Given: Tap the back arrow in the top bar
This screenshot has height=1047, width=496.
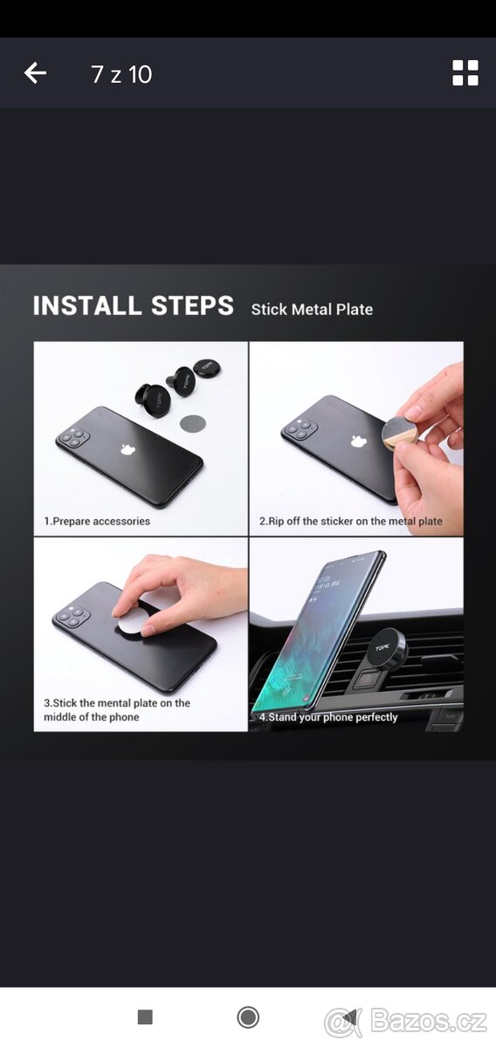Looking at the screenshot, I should (35, 73).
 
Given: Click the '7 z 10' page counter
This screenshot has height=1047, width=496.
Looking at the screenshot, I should (121, 74).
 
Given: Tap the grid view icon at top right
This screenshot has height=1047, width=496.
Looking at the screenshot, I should (465, 73).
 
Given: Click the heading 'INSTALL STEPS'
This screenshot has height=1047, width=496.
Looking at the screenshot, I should (133, 306).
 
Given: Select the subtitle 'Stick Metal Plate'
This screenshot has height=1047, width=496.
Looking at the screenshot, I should (312, 309).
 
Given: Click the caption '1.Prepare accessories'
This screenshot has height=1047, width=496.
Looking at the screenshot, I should (97, 521).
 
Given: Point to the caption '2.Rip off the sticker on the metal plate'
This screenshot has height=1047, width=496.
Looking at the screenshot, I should (350, 521).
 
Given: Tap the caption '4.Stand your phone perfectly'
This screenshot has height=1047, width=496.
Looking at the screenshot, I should (328, 717).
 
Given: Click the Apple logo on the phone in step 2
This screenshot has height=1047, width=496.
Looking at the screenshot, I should (357, 441).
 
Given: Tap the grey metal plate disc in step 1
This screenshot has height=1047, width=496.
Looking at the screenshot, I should (193, 424).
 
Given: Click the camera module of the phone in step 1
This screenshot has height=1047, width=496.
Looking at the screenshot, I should (72, 437).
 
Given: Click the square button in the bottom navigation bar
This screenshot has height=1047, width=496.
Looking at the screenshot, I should (145, 1016).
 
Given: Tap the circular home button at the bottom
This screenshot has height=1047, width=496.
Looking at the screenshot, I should (248, 1016).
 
